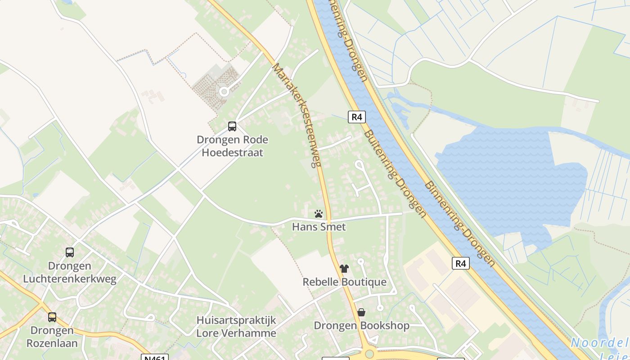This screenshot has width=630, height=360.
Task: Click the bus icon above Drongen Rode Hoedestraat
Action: pos(232,126)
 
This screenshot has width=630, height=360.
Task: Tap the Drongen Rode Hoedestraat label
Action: pos(232,146)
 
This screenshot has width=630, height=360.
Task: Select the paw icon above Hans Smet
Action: pos(319,214)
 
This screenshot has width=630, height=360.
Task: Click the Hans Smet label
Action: pos(319,227)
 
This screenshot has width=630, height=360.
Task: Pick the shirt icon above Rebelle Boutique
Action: pos(344,269)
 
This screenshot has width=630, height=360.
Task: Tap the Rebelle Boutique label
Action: pos(344,282)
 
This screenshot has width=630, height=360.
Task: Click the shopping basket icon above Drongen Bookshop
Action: pos(361,312)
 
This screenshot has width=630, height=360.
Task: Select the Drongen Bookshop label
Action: pos(361,325)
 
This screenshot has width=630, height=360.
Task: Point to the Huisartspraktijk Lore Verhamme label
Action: pos(236,327)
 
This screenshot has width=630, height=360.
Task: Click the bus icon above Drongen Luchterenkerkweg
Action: pos(70,252)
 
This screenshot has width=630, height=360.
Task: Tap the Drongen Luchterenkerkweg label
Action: pos(70,272)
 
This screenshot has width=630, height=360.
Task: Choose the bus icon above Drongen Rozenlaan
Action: pos(52,317)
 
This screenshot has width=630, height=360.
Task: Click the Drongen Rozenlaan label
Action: pos(52,337)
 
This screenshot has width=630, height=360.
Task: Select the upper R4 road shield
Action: pos(356,117)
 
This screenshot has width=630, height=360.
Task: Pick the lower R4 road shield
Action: pos(460,263)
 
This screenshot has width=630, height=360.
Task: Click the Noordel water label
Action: pos(600,343)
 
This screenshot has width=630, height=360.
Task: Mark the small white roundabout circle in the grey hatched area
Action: pos(224,92)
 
